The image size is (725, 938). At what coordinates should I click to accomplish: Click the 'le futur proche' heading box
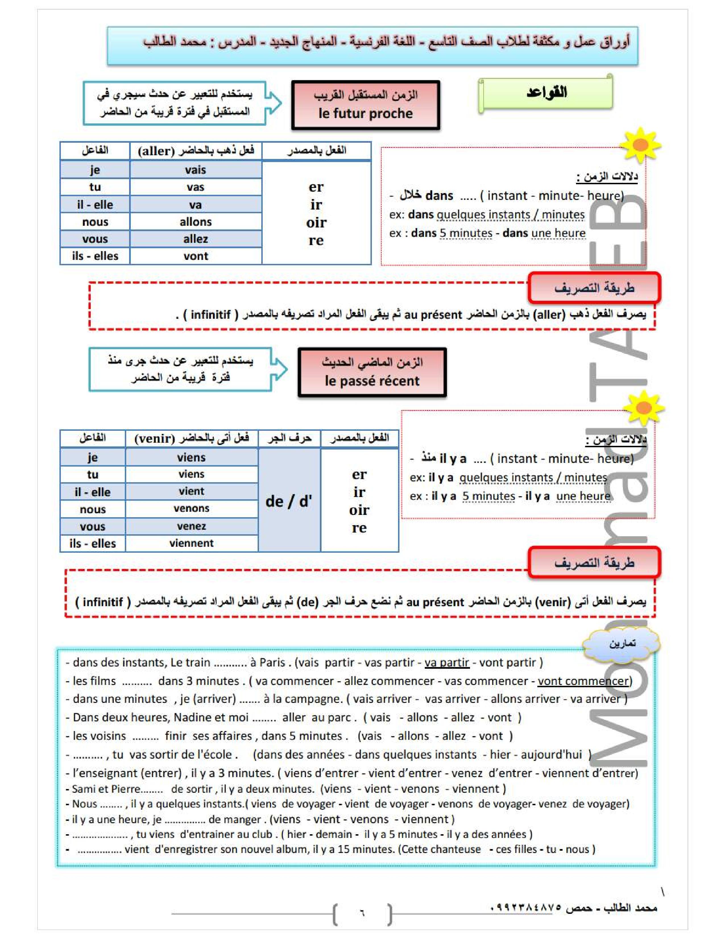(x=366, y=105)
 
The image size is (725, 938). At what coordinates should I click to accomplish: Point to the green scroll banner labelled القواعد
(x=546, y=93)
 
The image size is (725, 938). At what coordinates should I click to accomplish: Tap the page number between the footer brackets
(x=362, y=912)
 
